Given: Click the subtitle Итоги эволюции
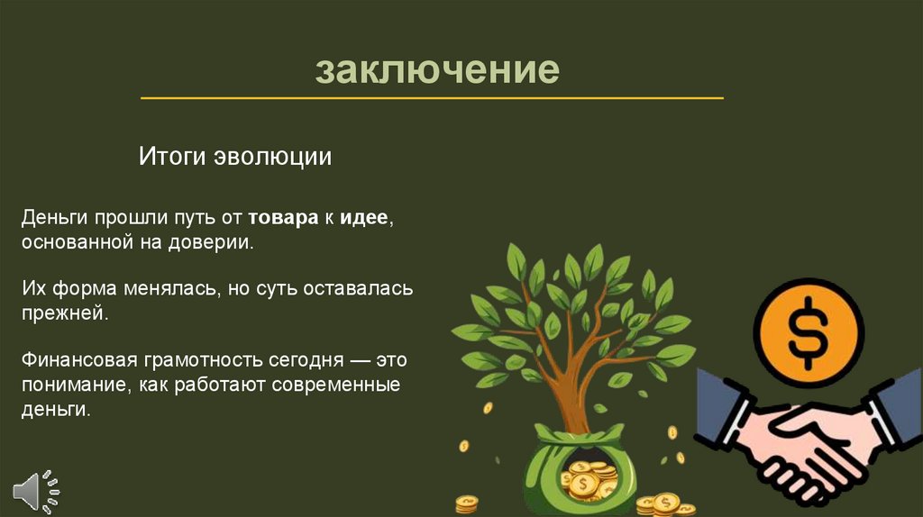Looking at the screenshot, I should (235, 157).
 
